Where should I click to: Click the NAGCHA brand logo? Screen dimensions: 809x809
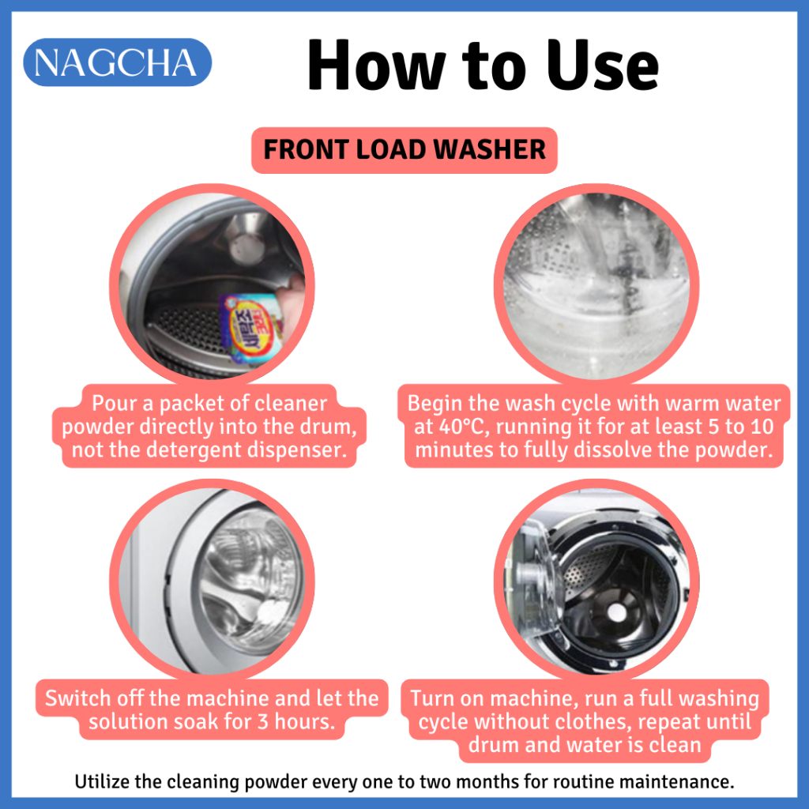click(117, 62)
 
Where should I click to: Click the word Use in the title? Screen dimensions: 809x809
click(602, 66)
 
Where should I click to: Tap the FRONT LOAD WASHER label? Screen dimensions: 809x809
click(404, 150)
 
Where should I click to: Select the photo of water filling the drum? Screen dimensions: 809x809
click(596, 285)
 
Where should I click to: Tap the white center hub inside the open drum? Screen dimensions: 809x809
click(616, 612)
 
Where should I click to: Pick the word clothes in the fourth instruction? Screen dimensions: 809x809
click(594, 721)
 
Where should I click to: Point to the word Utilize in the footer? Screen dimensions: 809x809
click(102, 781)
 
